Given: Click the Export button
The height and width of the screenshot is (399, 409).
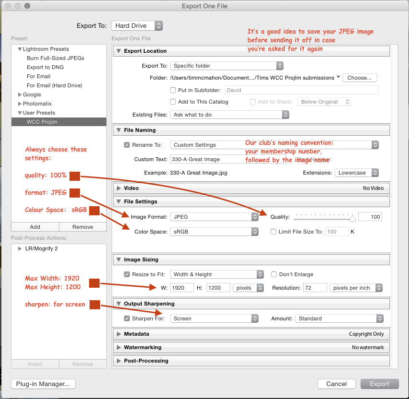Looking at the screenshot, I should click(x=380, y=384).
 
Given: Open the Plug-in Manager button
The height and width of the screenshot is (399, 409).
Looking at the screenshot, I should click(x=43, y=384).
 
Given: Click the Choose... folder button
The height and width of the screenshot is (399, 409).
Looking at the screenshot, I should click(x=359, y=78).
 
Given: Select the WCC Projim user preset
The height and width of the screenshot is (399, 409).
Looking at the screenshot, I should click(x=42, y=122).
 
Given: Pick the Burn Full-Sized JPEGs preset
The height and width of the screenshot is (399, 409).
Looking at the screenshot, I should click(x=56, y=58).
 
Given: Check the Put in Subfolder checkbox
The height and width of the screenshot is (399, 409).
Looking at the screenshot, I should click(x=173, y=90).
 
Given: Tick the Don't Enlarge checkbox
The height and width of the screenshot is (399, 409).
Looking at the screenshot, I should click(x=274, y=274).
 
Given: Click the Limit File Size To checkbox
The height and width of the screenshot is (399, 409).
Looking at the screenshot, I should click(x=274, y=232).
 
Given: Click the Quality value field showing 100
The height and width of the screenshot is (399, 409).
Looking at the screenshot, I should click(x=370, y=217).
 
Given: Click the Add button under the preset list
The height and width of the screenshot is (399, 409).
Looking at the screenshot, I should click(x=35, y=227).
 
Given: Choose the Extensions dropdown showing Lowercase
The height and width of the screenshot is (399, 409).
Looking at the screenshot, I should click(x=357, y=173).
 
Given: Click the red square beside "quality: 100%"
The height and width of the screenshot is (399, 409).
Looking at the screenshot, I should click(x=74, y=176).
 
